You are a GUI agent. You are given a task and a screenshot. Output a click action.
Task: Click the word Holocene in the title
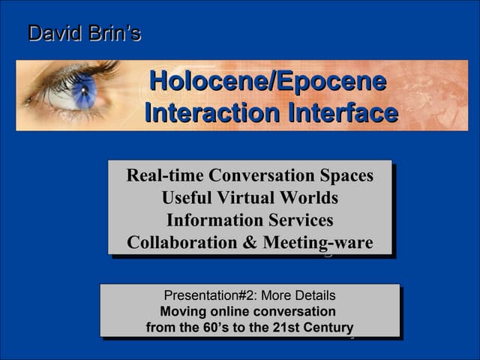[x=201, y=82]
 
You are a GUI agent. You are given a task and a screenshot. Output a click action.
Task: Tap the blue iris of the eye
[x=82, y=92]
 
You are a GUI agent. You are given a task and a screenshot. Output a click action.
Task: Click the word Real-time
[x=165, y=175]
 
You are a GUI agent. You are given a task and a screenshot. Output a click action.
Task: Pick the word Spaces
[x=346, y=175]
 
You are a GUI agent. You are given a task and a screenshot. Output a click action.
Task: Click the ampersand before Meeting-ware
[x=250, y=243]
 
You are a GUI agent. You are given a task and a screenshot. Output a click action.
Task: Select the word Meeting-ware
[x=317, y=243]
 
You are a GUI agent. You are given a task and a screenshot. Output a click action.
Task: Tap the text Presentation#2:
[x=206, y=295]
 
